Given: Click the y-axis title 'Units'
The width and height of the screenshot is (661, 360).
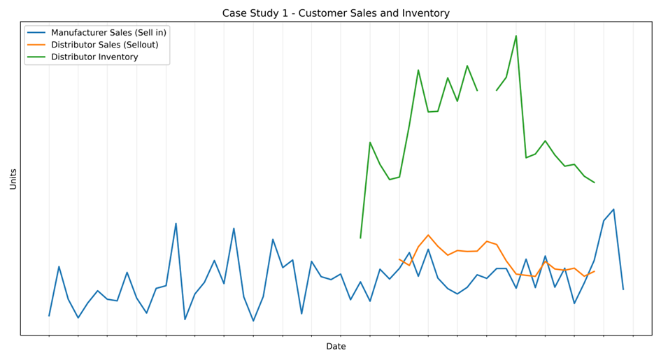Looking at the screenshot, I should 13,179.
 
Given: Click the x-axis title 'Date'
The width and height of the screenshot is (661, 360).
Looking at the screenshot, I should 336,347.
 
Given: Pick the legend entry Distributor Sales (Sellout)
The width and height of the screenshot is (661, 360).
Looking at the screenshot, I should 104,45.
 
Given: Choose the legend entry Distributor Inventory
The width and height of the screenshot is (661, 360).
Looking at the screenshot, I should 94,57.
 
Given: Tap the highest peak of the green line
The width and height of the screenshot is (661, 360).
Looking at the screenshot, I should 516,36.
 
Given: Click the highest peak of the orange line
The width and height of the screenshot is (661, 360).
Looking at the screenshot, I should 428,235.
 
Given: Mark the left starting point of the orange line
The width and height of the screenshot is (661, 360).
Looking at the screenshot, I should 399,259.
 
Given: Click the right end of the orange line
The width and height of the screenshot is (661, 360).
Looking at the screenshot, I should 595,271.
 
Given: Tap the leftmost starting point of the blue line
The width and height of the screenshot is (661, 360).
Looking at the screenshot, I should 49,316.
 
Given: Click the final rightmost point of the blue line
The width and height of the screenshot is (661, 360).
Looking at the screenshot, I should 623,289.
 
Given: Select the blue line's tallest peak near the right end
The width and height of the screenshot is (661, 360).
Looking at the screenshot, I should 613,209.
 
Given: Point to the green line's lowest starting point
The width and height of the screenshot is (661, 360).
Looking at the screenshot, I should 360,238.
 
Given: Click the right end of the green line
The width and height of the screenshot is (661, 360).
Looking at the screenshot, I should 595,182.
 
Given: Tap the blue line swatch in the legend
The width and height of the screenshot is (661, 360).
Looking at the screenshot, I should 37,33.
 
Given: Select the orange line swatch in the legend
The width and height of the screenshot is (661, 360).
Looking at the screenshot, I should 37,45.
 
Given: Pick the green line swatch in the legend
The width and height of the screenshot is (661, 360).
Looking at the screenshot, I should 37,57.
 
